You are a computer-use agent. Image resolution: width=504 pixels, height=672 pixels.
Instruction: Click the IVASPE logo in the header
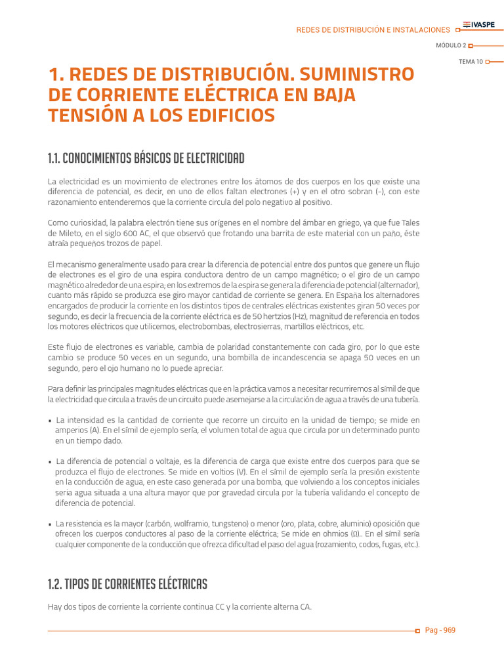tap(479, 25)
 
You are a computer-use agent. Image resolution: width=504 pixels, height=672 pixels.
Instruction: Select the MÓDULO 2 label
tap(451, 45)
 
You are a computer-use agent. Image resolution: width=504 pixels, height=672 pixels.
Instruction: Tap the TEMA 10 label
tap(471, 61)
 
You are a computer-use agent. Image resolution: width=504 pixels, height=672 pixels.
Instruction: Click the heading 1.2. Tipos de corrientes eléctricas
tap(127, 583)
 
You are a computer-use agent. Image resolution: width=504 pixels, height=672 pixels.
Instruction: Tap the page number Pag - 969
tap(440, 630)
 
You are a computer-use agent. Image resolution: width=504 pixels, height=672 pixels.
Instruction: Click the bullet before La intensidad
tap(51, 421)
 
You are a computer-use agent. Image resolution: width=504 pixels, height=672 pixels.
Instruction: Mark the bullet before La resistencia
tap(51, 524)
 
